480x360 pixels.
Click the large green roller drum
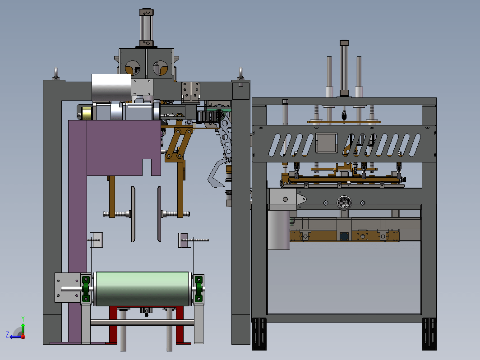coord(143,289)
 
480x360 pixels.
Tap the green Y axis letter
coord(23,319)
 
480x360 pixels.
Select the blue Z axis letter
coord(7,334)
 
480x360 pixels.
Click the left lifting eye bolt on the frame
coord(56,74)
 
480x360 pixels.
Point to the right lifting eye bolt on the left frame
coord(241,74)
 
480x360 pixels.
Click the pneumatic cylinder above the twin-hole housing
coord(147,28)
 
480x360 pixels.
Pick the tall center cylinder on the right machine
coord(344,68)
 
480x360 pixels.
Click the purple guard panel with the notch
coord(124,148)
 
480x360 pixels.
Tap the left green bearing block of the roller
coord(86,289)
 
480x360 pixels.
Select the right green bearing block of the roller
coord(198,289)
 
